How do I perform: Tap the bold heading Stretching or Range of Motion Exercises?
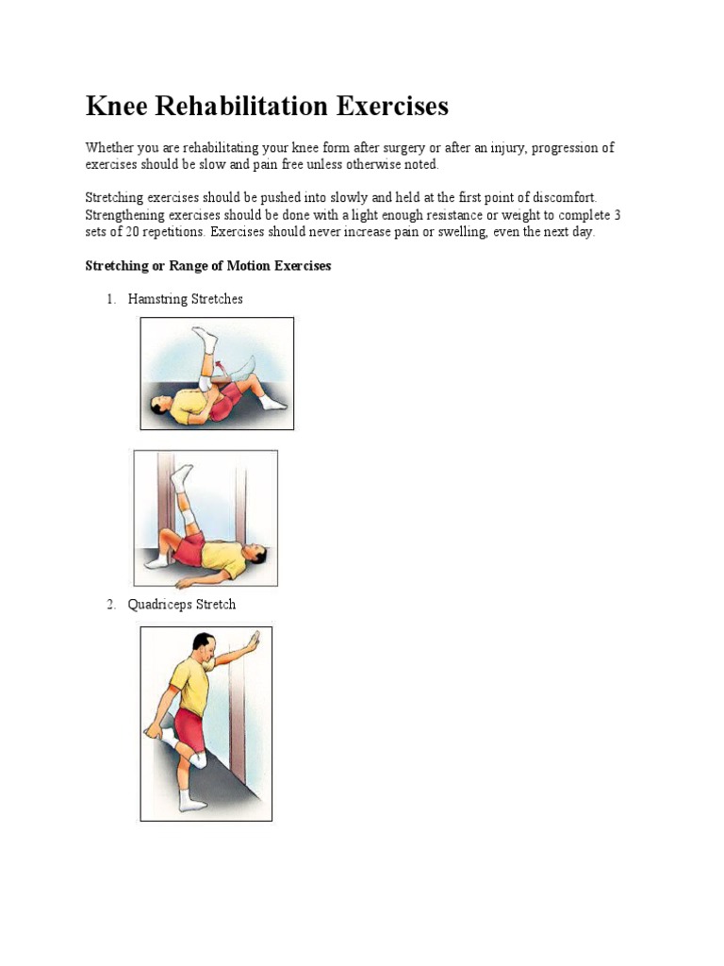(208, 266)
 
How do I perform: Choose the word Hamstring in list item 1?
(157, 299)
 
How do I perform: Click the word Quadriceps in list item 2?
(160, 605)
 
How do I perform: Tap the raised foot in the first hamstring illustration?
(205, 337)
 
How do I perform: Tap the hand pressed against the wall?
(253, 647)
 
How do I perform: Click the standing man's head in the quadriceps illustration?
(204, 645)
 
